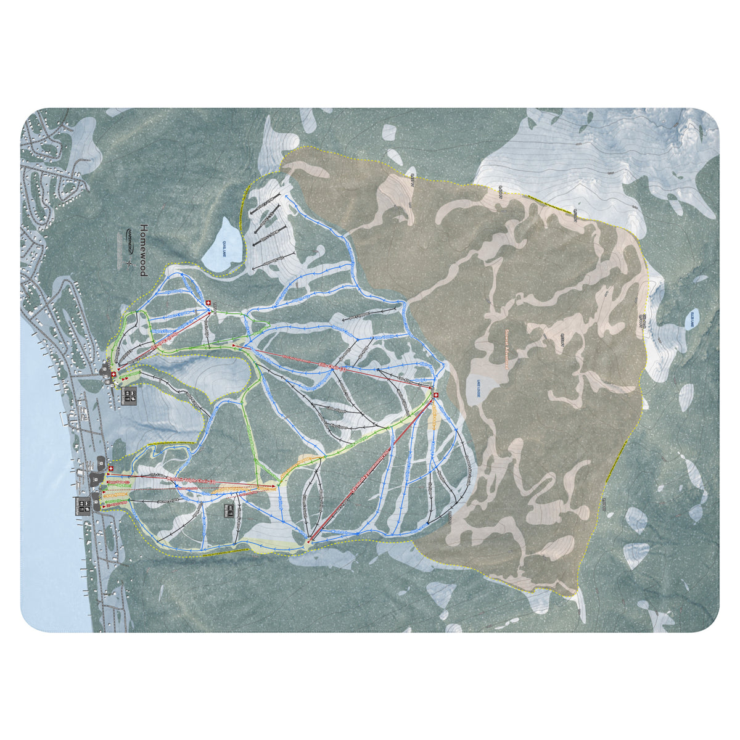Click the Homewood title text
point(143,250)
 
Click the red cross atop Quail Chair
point(208,303)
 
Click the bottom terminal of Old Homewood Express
point(308,541)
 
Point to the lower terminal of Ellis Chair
point(234,347)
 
